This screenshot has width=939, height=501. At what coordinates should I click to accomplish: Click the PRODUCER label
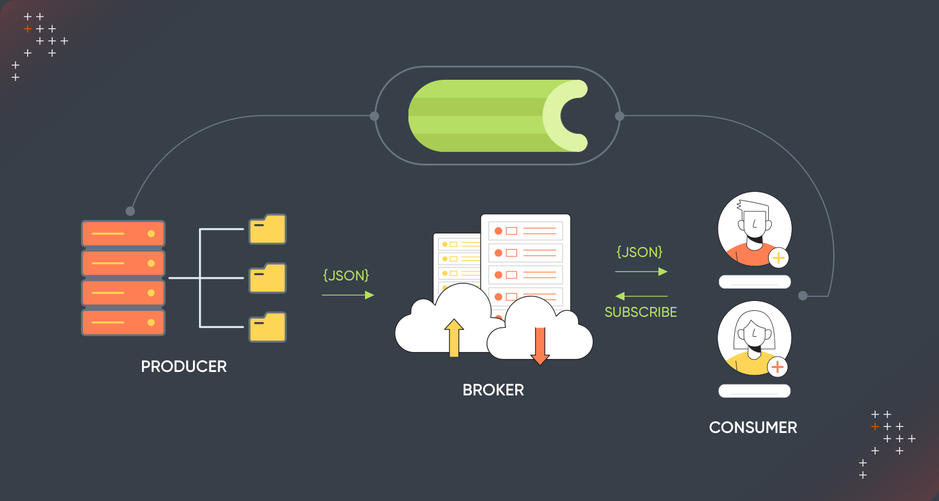click(x=184, y=367)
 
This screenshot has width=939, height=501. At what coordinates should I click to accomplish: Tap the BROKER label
click(x=493, y=390)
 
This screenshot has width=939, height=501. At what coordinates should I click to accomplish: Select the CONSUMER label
click(x=753, y=428)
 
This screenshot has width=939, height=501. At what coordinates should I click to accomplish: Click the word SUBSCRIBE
click(x=640, y=312)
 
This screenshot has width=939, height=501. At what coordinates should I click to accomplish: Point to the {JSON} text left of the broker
click(x=346, y=276)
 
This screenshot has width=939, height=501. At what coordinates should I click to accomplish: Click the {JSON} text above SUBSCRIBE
click(x=639, y=252)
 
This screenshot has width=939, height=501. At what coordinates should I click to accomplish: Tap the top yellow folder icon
click(x=268, y=229)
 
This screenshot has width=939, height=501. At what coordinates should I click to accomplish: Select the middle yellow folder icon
click(x=268, y=278)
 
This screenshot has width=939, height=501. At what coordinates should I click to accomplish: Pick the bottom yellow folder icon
click(x=268, y=327)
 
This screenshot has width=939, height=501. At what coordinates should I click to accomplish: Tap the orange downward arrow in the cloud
click(x=540, y=346)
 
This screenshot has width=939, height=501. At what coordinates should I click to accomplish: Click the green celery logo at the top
click(x=498, y=116)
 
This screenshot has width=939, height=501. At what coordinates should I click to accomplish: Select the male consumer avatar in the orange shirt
click(x=754, y=229)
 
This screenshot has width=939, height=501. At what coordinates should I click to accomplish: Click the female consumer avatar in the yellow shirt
click(x=754, y=338)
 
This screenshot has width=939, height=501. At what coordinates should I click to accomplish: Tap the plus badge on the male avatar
click(x=778, y=258)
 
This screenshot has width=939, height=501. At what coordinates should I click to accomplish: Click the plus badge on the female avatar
click(x=778, y=367)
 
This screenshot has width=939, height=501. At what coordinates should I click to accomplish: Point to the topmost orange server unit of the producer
click(x=123, y=233)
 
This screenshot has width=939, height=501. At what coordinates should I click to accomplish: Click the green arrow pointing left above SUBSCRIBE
click(x=641, y=296)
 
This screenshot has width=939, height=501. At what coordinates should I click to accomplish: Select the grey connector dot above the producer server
click(x=130, y=211)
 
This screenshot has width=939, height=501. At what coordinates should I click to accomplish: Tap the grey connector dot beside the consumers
click(x=803, y=296)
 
